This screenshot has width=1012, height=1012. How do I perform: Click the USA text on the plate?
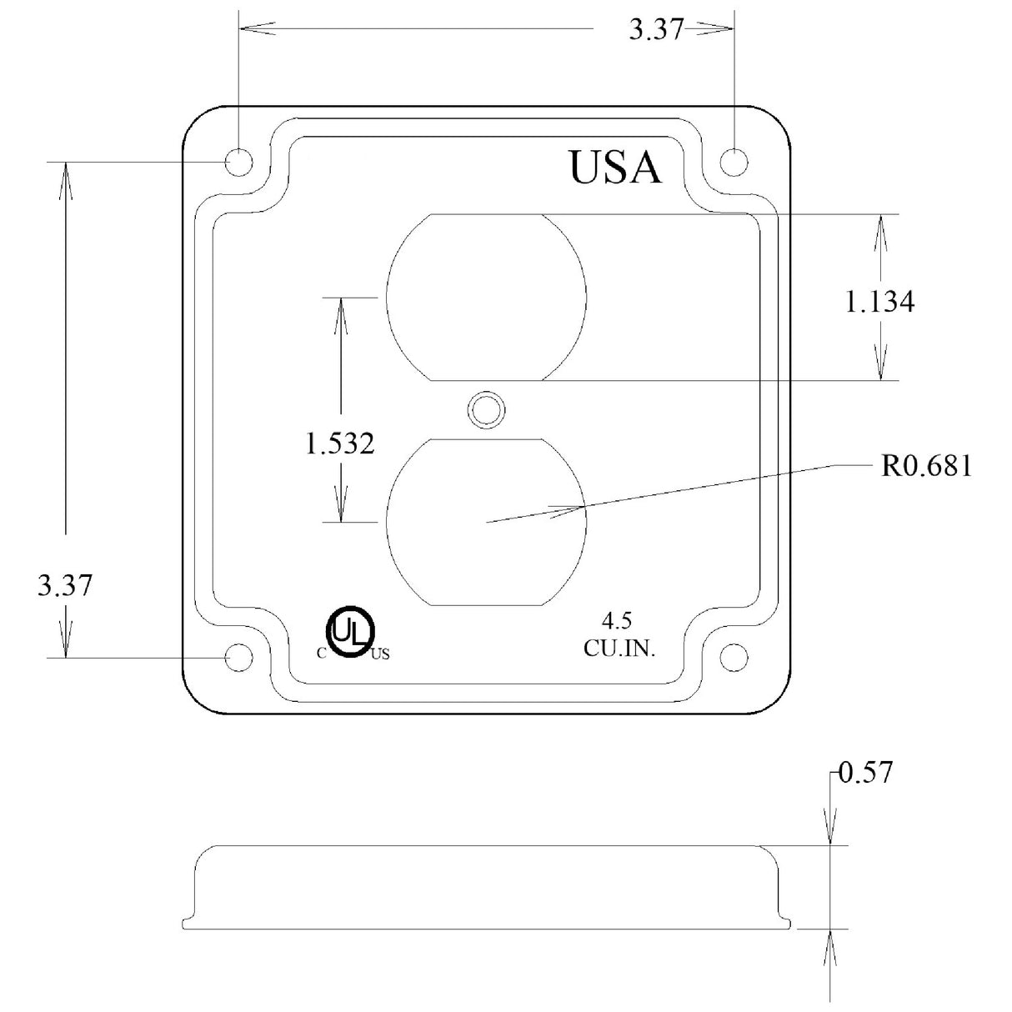(x=615, y=167)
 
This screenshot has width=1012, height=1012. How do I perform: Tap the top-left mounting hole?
(x=238, y=162)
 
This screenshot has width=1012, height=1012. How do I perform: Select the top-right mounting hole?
(x=734, y=162)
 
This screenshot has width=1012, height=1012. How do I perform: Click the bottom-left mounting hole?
(x=239, y=657)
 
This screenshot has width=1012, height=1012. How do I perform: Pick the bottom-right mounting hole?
(x=734, y=657)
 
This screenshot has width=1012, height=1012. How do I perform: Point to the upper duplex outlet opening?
(x=486, y=298)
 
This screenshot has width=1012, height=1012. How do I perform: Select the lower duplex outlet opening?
(x=486, y=521)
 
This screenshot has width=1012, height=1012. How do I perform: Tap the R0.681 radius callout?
(x=926, y=466)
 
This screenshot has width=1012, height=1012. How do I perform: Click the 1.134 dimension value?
(x=879, y=302)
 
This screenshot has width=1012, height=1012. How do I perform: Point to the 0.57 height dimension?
(x=865, y=774)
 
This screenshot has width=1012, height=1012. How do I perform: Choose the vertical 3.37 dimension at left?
(x=64, y=585)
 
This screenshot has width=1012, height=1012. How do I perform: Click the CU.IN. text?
(x=619, y=649)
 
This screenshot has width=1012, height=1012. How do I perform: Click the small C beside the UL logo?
(x=321, y=654)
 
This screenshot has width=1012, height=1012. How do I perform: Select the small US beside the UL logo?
(x=380, y=654)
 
